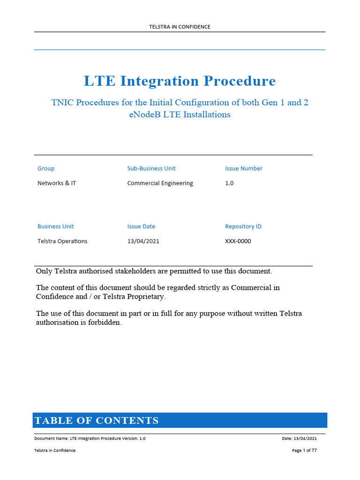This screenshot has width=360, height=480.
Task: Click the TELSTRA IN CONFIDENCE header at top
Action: [x=180, y=27]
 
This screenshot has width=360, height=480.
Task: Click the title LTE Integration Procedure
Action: [x=180, y=81]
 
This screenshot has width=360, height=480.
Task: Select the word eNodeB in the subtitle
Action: [x=143, y=114]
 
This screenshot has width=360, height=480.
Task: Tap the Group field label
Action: [x=46, y=168]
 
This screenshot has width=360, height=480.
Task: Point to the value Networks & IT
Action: [x=57, y=183]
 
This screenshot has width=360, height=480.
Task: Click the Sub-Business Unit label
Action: [x=151, y=168]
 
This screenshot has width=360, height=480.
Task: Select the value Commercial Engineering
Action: [x=160, y=183]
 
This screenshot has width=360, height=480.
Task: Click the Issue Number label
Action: [x=244, y=168]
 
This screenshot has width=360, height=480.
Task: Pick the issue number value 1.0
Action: [x=229, y=183]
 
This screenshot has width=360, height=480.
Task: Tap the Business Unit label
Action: [x=55, y=226]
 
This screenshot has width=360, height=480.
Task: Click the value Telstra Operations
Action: [x=62, y=241]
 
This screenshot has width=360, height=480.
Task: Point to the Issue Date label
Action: [x=141, y=226]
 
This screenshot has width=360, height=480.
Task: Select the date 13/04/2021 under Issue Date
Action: [x=146, y=241]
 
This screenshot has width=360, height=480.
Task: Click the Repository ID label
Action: [x=243, y=226]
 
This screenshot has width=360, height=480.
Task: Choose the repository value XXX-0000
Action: [x=238, y=241]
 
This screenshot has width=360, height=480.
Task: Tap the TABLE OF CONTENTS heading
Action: [x=97, y=420]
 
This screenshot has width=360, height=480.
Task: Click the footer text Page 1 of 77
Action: [x=304, y=450]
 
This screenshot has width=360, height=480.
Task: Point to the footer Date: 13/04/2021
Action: [x=300, y=438]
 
